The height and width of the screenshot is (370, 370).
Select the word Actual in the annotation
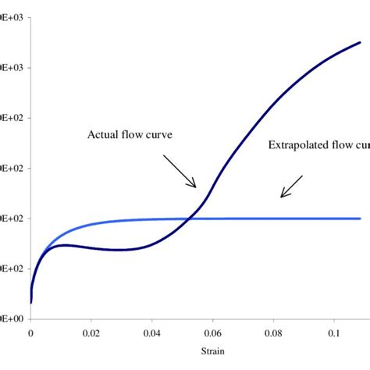104,133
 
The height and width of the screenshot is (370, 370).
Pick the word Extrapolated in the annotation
296,144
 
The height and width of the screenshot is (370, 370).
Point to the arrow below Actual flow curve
181,171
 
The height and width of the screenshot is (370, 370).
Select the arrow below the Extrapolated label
291,185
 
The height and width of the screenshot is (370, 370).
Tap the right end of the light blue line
360,219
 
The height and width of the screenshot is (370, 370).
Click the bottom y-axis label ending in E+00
14,318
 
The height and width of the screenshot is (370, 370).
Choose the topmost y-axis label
14,17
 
